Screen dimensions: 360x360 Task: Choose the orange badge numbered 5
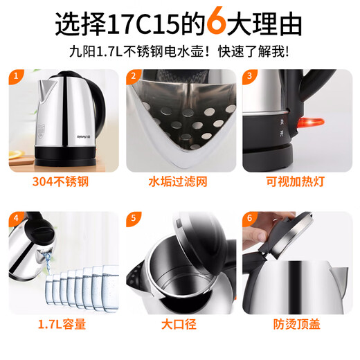point(132,219)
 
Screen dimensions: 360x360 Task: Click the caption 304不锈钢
point(60,182)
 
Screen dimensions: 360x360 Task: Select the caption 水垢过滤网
point(179,182)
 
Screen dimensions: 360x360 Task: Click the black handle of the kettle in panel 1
point(102,111)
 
